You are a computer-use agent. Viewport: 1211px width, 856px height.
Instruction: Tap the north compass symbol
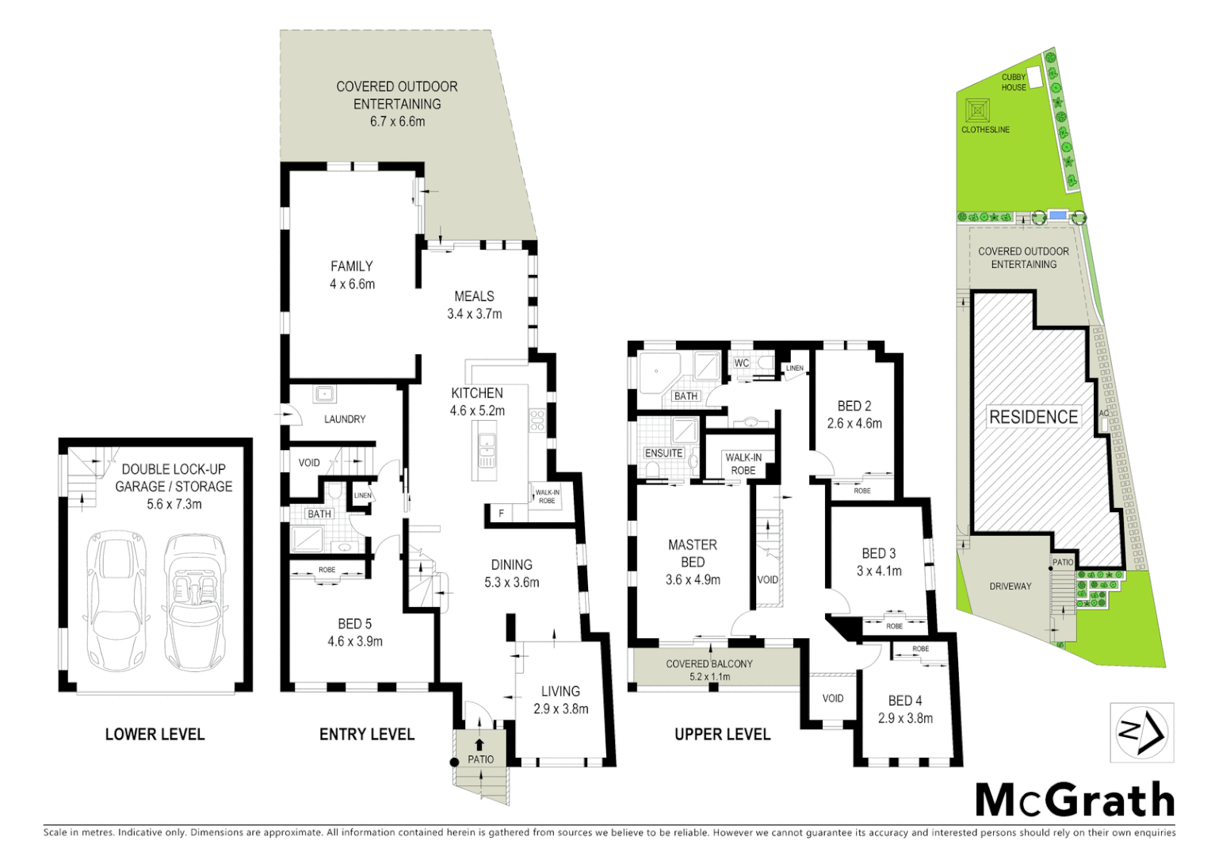(1141, 732)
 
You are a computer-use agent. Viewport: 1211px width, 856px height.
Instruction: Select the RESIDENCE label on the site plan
(1033, 417)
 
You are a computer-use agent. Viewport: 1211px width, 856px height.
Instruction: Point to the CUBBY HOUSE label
(1014, 82)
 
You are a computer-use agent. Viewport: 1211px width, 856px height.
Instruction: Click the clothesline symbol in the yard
(977, 110)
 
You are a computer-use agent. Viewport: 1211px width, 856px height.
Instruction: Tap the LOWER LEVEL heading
(155, 735)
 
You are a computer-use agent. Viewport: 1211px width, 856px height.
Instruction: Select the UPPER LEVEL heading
(722, 735)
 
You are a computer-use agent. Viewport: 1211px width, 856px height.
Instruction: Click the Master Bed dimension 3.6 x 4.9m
(693, 580)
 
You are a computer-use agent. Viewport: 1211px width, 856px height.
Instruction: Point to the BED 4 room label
(904, 701)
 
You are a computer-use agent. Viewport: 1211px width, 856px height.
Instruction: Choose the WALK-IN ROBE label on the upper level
(743, 464)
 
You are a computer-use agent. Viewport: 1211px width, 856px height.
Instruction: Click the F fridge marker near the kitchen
(501, 514)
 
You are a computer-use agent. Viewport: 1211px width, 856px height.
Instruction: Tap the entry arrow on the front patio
(479, 744)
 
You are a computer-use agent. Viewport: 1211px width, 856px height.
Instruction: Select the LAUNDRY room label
(345, 419)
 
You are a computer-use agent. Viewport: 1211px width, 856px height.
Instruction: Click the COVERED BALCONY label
(709, 664)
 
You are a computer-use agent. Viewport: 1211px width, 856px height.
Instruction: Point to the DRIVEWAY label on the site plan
(1010, 587)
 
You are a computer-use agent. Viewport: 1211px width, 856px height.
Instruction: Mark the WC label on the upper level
(741, 363)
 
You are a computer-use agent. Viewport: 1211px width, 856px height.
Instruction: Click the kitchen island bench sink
(486, 449)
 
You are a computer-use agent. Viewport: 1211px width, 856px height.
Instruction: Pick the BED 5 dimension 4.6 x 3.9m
(355, 642)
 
